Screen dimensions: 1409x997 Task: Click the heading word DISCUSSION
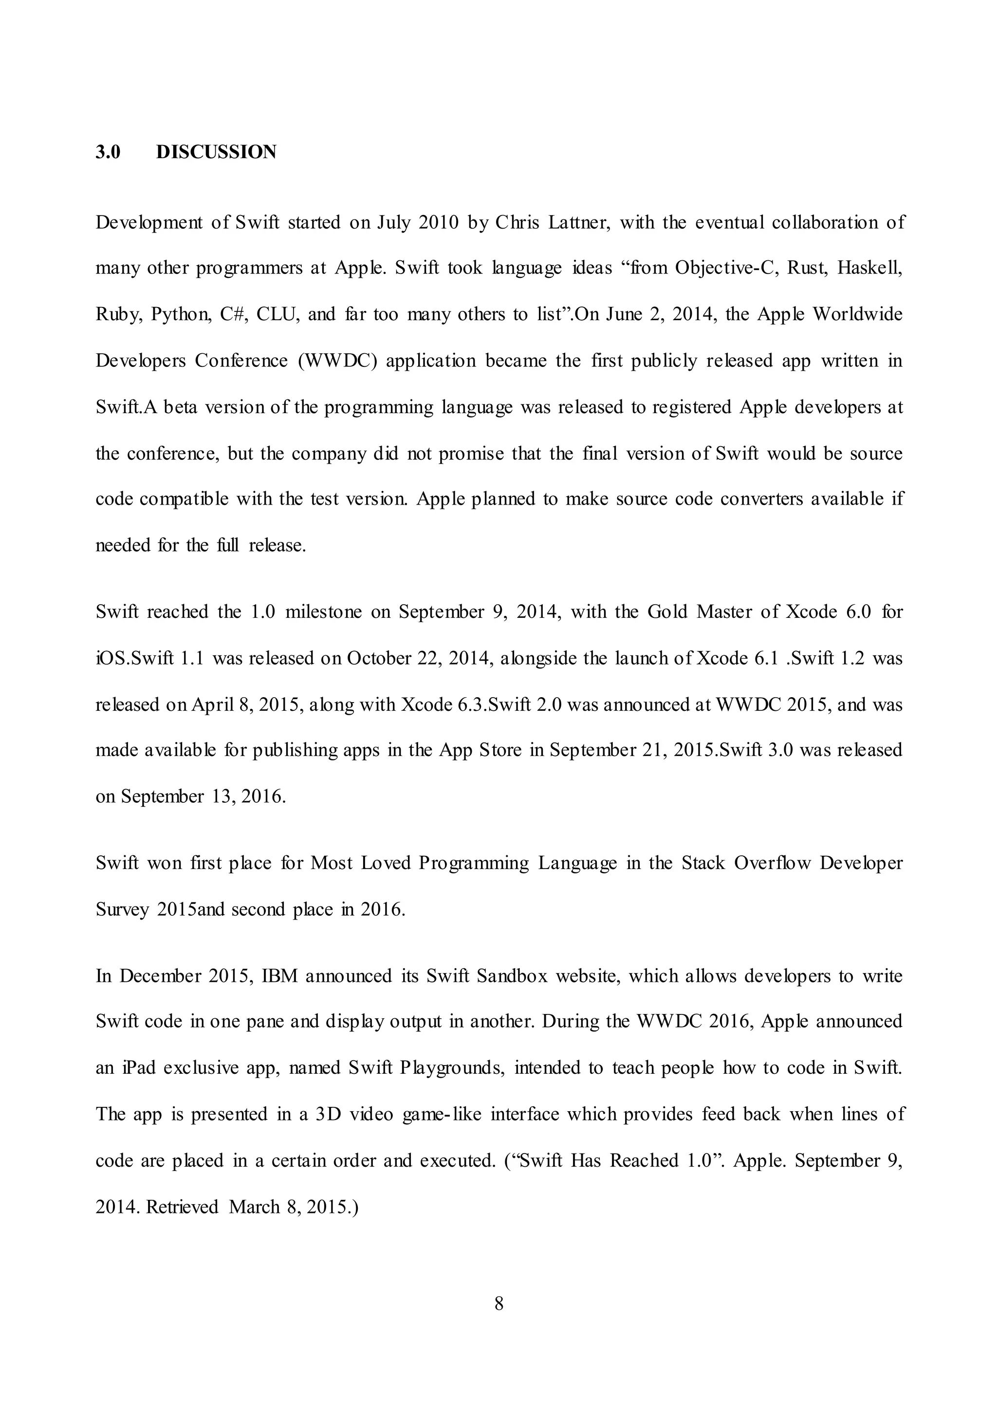click(x=216, y=152)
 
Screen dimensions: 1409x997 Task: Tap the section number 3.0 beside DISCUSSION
click(x=108, y=152)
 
